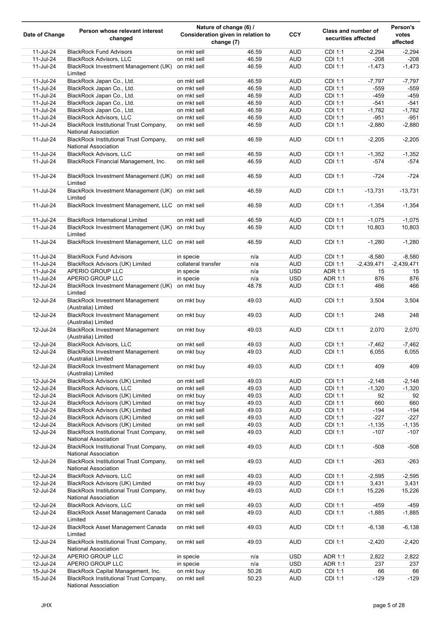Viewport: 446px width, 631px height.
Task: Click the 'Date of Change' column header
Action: click(44, 35)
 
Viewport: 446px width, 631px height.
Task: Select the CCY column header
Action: click(295, 35)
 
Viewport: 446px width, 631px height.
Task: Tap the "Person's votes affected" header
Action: click(403, 35)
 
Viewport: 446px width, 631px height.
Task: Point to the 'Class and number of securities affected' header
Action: click(350, 35)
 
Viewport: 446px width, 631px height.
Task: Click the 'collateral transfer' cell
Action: click(199, 264)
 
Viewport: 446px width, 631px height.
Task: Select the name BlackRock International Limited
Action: click(107, 220)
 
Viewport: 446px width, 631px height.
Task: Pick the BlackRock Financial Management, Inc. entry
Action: click(116, 161)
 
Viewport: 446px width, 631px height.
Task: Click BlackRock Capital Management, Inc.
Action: click(114, 571)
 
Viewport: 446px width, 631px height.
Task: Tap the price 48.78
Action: click(254, 286)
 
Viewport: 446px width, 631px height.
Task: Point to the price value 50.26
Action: click(254, 571)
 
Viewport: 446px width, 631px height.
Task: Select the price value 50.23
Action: click(254, 578)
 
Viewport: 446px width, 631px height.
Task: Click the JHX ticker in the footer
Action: click(46, 605)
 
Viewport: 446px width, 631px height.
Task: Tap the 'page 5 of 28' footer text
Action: click(389, 605)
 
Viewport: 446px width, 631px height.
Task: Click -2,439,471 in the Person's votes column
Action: click(405, 264)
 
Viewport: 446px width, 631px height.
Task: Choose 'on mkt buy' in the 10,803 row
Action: click(191, 227)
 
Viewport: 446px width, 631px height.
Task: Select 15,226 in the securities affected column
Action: click(374, 490)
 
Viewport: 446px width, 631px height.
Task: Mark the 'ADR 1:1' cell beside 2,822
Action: click(334, 557)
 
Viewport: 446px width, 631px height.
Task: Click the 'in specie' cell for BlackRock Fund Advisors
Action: click(188, 257)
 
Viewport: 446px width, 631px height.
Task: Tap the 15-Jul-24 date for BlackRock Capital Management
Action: click(44, 571)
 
